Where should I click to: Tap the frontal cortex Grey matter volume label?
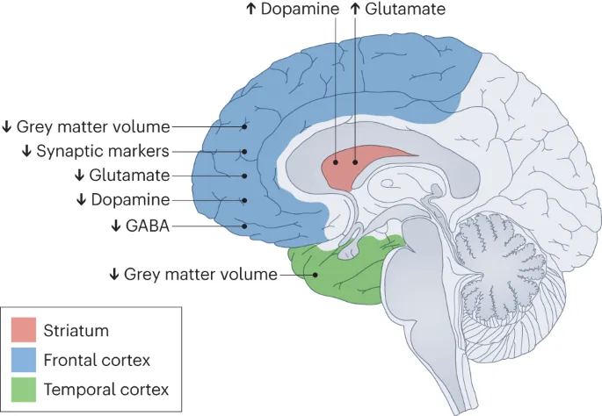point(92,126)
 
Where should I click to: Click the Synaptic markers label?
point(102,151)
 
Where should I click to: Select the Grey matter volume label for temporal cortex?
point(199,274)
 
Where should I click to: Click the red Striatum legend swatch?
point(24,331)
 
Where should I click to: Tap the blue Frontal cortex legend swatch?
point(24,360)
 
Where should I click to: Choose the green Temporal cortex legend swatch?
point(24,389)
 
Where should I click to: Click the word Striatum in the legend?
point(76,331)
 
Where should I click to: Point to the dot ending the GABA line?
point(245,226)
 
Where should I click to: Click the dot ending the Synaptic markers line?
point(245,151)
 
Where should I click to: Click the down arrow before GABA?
point(115,225)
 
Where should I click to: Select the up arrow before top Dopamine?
point(252,9)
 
